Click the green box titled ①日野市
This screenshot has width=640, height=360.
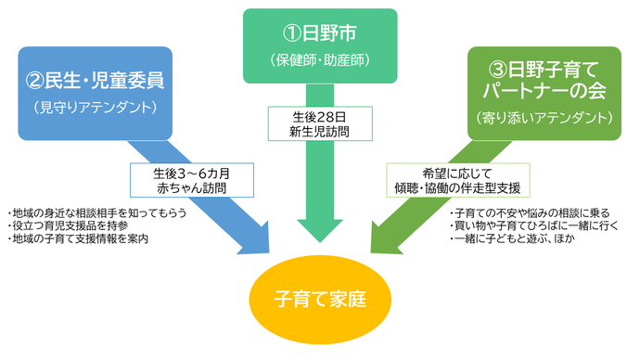click(x=320, y=46)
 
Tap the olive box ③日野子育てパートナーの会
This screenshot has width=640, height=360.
click(x=544, y=92)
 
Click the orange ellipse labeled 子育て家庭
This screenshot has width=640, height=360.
click(x=320, y=301)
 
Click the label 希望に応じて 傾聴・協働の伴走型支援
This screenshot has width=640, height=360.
click(x=455, y=179)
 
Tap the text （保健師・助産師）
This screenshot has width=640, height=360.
click(x=320, y=63)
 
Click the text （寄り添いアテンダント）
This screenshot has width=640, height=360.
click(x=544, y=118)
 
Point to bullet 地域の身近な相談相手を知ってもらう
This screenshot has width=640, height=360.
click(x=96, y=212)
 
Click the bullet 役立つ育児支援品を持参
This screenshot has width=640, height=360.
click(x=67, y=225)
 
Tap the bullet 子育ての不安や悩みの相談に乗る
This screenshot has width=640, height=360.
click(x=523, y=212)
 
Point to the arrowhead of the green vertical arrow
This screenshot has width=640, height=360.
click(x=320, y=231)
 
